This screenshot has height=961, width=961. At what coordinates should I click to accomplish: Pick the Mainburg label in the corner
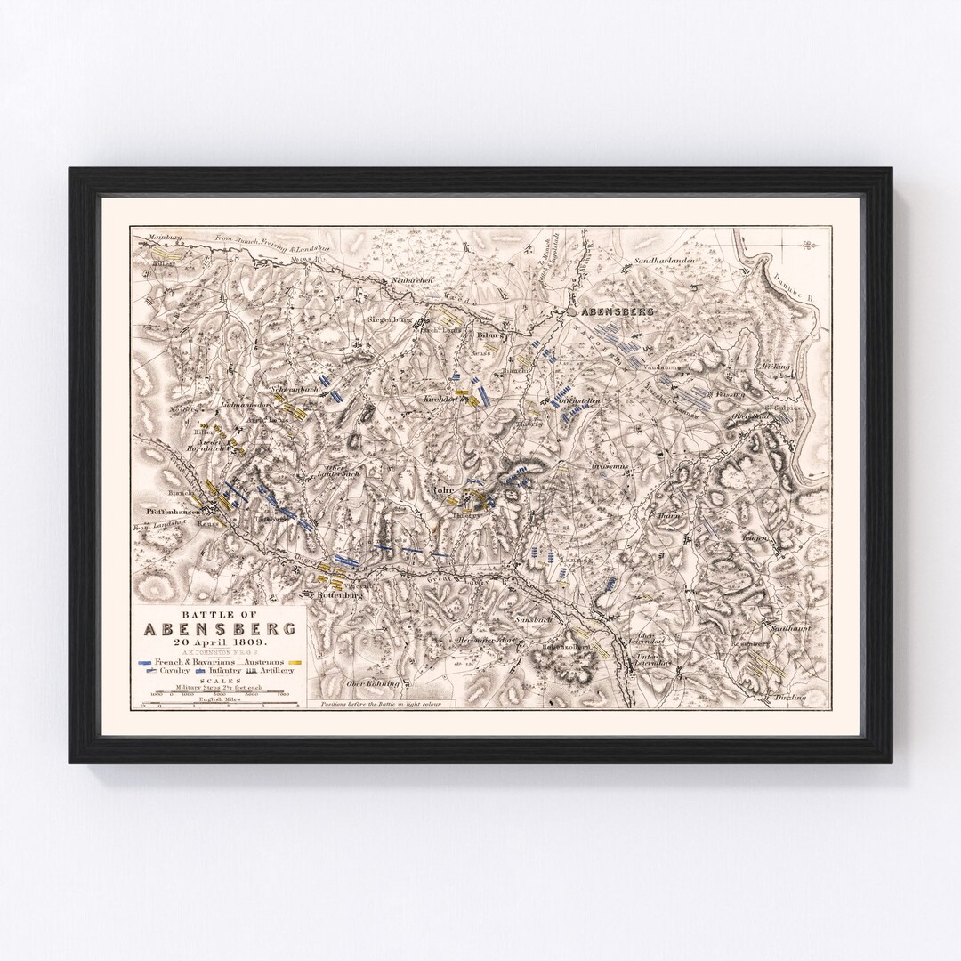coord(156,238)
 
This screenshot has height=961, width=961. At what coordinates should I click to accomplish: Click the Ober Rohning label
coord(369,683)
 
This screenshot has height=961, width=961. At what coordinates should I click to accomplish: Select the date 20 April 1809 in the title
coord(220,642)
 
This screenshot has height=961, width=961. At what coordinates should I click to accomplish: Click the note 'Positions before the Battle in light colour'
coord(385,704)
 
